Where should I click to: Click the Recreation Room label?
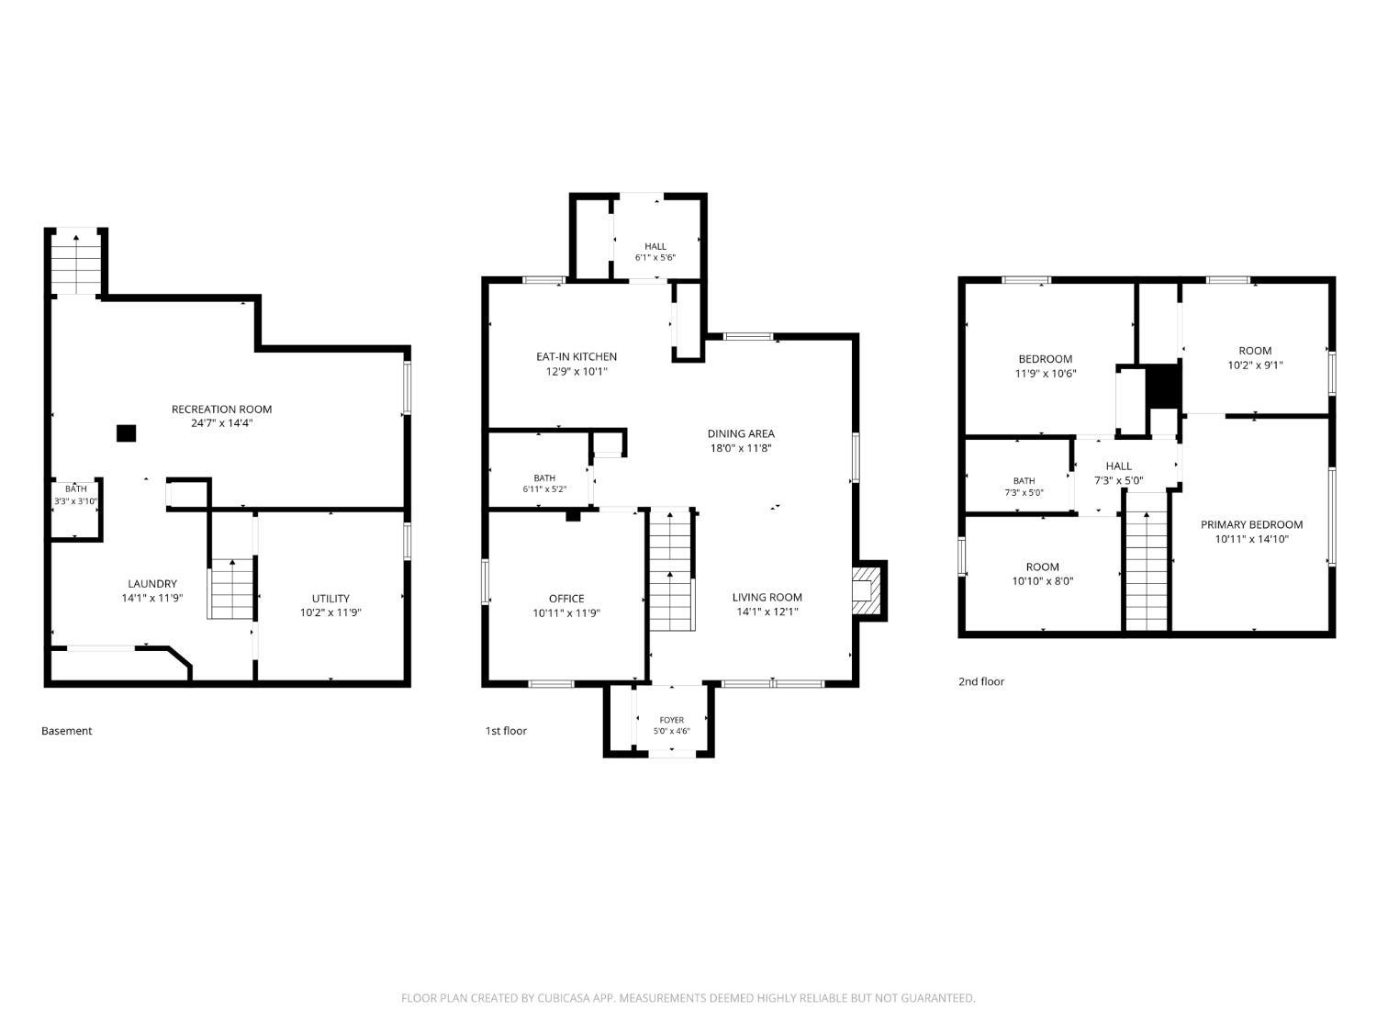coord(221,409)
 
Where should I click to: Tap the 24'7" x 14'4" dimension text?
coord(221,422)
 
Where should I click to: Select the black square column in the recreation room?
coord(126,432)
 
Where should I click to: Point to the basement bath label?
coord(76,488)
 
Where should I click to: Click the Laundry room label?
coord(152,583)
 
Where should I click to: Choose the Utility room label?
coord(330,599)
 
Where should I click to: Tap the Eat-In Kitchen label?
coord(577,356)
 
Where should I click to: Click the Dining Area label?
coord(741,433)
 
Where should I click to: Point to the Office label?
coord(566,599)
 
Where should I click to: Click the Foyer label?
coord(671,720)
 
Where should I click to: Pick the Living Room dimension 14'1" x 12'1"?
coord(767,612)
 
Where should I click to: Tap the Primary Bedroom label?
coord(1251,524)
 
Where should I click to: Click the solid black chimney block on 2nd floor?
coord(1164,387)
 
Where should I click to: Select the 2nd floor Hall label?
coord(1118,466)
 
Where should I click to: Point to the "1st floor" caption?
coord(506,731)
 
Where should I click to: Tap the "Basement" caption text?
coord(66,731)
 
